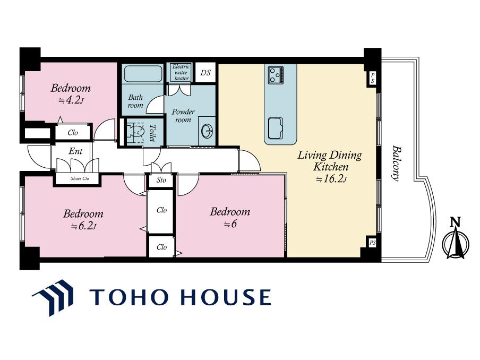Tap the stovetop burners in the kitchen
(x=276, y=75)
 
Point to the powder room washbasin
(x=207, y=132)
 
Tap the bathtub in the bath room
(x=143, y=74)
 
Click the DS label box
(x=205, y=73)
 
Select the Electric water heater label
(x=181, y=73)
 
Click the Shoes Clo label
(x=80, y=178)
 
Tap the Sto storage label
(x=161, y=180)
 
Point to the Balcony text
(x=397, y=164)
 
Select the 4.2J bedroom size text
(x=71, y=100)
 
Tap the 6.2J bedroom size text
(x=83, y=226)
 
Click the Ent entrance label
(x=75, y=151)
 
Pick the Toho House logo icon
(x=53, y=297)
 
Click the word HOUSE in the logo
(x=226, y=297)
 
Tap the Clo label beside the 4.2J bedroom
(x=73, y=133)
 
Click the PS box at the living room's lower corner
(x=372, y=243)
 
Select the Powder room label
(x=183, y=116)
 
